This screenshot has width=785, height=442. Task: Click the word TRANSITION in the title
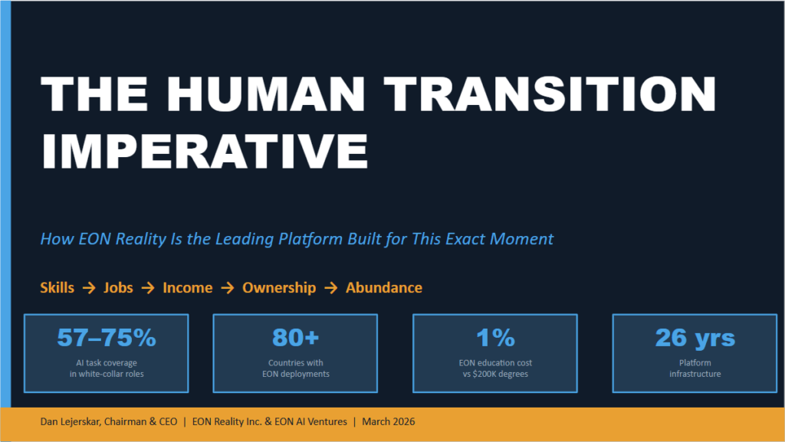coord(550,93)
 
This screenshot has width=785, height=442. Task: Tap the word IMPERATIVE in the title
coord(205,151)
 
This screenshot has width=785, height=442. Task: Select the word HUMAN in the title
coord(266,93)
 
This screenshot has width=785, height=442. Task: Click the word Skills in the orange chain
coord(57,287)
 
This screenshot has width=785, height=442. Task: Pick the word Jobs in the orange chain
coord(118,287)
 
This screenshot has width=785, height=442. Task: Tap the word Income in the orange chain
coord(188,287)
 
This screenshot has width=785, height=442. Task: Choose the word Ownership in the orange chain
coord(279,288)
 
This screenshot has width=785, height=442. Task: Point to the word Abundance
coord(384,287)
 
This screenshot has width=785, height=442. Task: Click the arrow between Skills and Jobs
coord(89,288)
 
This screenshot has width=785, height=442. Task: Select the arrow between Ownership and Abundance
coord(331,288)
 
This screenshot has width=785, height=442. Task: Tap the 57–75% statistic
coord(107,338)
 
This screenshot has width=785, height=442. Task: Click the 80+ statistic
coord(295,338)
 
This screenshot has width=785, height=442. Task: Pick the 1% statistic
coord(495,338)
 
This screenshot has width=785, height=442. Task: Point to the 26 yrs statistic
coord(695,339)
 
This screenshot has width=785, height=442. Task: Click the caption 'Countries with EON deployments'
coord(296,368)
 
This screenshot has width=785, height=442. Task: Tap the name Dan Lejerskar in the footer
coord(71,421)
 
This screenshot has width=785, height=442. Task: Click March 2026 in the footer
coord(389,421)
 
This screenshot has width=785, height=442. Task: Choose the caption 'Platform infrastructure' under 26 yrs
coord(695,368)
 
